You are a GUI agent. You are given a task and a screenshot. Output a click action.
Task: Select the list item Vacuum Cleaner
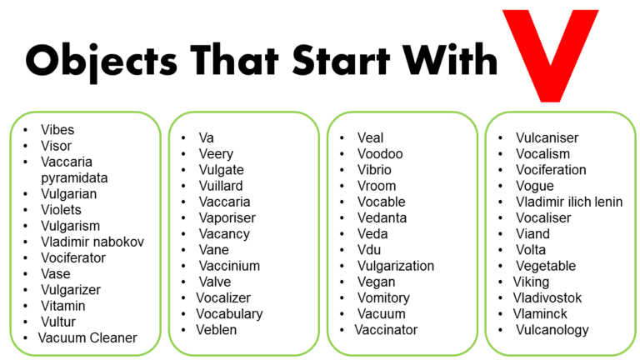pyautogui.click(x=87, y=337)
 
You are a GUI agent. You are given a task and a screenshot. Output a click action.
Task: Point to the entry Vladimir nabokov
pyautogui.click(x=92, y=242)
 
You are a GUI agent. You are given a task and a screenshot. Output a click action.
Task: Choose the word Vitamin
pyautogui.click(x=63, y=306)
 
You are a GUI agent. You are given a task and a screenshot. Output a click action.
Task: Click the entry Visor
pyautogui.click(x=57, y=146)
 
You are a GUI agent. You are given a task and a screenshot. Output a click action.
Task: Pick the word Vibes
pyautogui.click(x=57, y=130)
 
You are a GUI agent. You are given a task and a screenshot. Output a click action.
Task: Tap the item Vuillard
pyautogui.click(x=221, y=186)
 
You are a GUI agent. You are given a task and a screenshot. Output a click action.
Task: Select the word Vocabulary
pyautogui.click(x=229, y=314)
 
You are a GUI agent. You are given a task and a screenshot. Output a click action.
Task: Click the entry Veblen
pyautogui.click(x=217, y=330)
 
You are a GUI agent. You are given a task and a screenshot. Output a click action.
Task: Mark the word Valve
pyautogui.click(x=215, y=282)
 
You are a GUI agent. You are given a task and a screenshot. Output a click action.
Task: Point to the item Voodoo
pyautogui.click(x=380, y=154)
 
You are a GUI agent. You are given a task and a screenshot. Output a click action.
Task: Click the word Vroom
pyautogui.click(x=377, y=186)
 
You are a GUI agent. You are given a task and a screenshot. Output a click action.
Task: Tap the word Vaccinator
pyautogui.click(x=386, y=330)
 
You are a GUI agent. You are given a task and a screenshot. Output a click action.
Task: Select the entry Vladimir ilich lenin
pyautogui.click(x=569, y=202)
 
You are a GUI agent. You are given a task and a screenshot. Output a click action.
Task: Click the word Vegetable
pyautogui.click(x=546, y=266)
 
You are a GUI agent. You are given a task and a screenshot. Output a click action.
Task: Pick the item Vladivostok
pyautogui.click(x=547, y=297)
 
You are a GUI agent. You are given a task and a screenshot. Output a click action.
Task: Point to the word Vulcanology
pyautogui.click(x=551, y=330)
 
